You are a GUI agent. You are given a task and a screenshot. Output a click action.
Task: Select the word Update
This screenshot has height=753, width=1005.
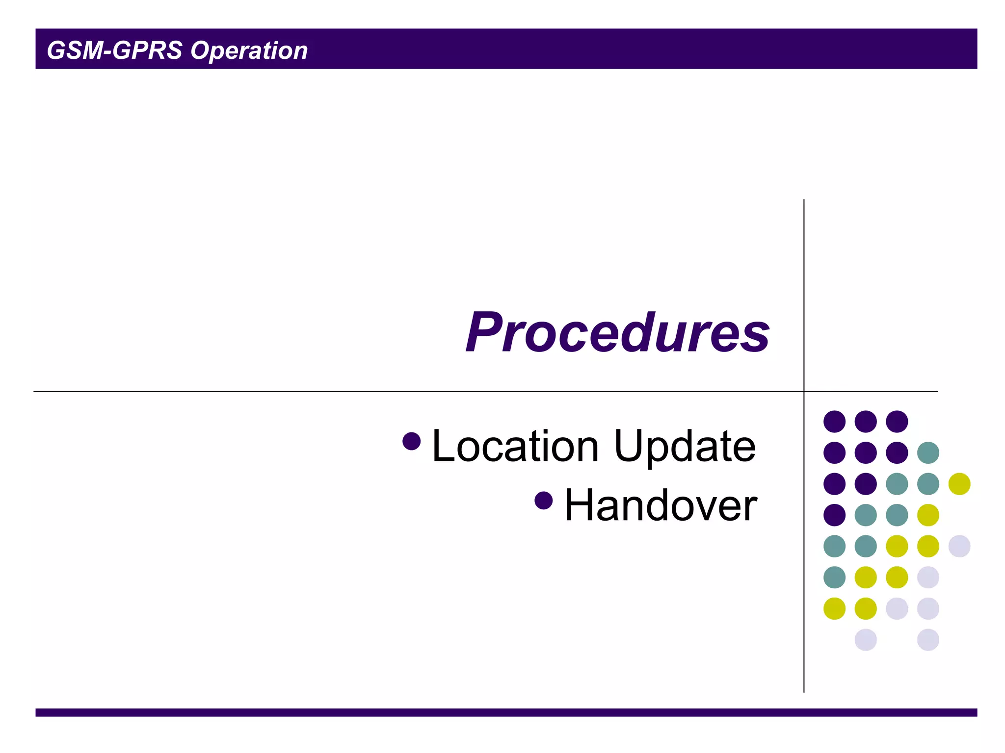pyautogui.click(x=685, y=447)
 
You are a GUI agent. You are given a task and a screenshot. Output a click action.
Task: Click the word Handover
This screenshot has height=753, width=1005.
pyautogui.click(x=661, y=506)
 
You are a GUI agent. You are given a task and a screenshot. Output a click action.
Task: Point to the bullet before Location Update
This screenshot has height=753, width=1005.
pyautogui.click(x=411, y=441)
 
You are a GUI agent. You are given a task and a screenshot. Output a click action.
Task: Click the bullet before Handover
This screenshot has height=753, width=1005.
pyautogui.click(x=544, y=501)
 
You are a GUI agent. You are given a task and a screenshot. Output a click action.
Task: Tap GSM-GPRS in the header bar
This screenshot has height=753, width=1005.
pyautogui.click(x=114, y=50)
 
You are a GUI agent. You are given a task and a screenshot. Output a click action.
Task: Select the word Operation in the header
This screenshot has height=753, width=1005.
pyautogui.click(x=249, y=50)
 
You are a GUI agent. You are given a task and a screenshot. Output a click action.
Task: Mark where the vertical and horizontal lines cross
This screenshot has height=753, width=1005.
pyautogui.click(x=804, y=391)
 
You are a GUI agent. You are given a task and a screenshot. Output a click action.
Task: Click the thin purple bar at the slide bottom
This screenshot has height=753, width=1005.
pyautogui.click(x=505, y=712)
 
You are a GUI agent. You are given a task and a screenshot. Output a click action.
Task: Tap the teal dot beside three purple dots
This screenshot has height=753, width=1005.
pyautogui.click(x=928, y=452)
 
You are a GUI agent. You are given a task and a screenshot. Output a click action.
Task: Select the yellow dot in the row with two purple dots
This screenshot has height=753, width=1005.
pyautogui.click(x=959, y=484)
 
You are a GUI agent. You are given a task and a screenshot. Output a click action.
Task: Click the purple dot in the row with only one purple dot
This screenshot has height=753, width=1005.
pyautogui.click(x=834, y=515)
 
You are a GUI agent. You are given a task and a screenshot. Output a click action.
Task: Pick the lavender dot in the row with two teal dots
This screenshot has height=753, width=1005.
pyautogui.click(x=959, y=546)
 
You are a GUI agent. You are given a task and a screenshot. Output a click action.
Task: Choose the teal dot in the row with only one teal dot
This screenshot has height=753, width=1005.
pyautogui.click(x=834, y=577)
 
